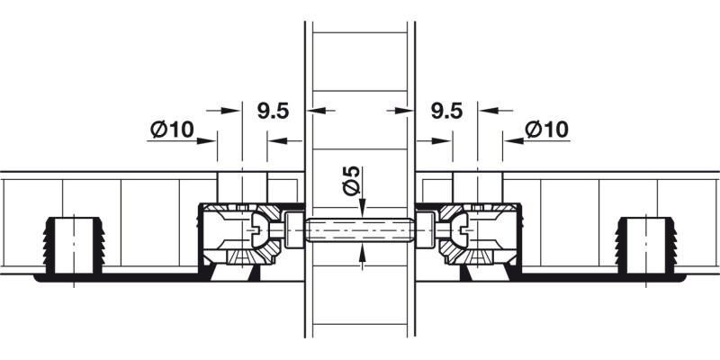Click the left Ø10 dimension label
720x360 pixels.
coord(172,130)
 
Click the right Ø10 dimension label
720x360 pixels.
coord(547,130)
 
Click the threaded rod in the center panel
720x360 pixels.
coord(359,231)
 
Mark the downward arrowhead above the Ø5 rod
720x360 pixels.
coord(361,211)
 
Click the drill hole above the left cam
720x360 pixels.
coord(242,185)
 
